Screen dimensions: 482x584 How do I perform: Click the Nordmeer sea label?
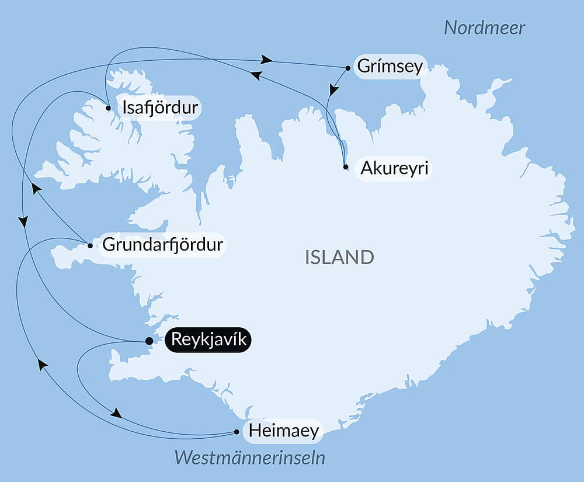[x=484, y=27]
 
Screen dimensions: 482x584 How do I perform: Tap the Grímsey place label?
[x=389, y=67]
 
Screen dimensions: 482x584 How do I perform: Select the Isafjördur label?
[x=158, y=108]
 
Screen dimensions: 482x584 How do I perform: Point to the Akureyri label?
[x=394, y=168]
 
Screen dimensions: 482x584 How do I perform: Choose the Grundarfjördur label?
[x=162, y=245]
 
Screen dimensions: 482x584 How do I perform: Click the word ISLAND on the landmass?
[x=339, y=257]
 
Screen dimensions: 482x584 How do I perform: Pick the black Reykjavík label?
[x=208, y=339]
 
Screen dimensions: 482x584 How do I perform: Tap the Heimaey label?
[x=284, y=432]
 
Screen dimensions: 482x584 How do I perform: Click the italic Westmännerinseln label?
[x=250, y=457]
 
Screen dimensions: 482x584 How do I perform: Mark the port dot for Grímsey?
[x=348, y=68]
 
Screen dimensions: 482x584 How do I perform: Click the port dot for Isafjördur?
[x=109, y=108]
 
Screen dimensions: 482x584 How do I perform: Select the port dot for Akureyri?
[x=346, y=167]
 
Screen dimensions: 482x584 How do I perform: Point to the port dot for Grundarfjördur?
[x=89, y=245]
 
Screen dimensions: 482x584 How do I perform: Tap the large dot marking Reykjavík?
[x=149, y=341]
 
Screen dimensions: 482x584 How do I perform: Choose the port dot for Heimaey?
[x=237, y=432]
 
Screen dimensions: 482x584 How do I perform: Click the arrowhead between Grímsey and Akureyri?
[x=333, y=90]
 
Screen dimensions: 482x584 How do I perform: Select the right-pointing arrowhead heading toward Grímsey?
[x=267, y=60]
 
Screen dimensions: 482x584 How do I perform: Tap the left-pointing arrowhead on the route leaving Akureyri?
[x=256, y=75]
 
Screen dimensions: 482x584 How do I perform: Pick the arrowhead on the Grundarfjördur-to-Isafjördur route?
[x=36, y=189]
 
